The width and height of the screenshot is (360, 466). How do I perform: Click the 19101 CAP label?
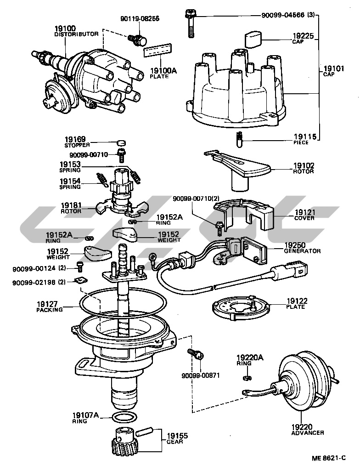333,71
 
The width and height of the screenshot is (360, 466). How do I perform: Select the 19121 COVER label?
304,215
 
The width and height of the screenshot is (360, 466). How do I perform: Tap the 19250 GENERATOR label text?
302,248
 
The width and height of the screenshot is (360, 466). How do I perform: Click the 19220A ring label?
250,360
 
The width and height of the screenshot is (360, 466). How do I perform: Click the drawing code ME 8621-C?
328,458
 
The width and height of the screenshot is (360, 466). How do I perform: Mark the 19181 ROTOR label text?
71,208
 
